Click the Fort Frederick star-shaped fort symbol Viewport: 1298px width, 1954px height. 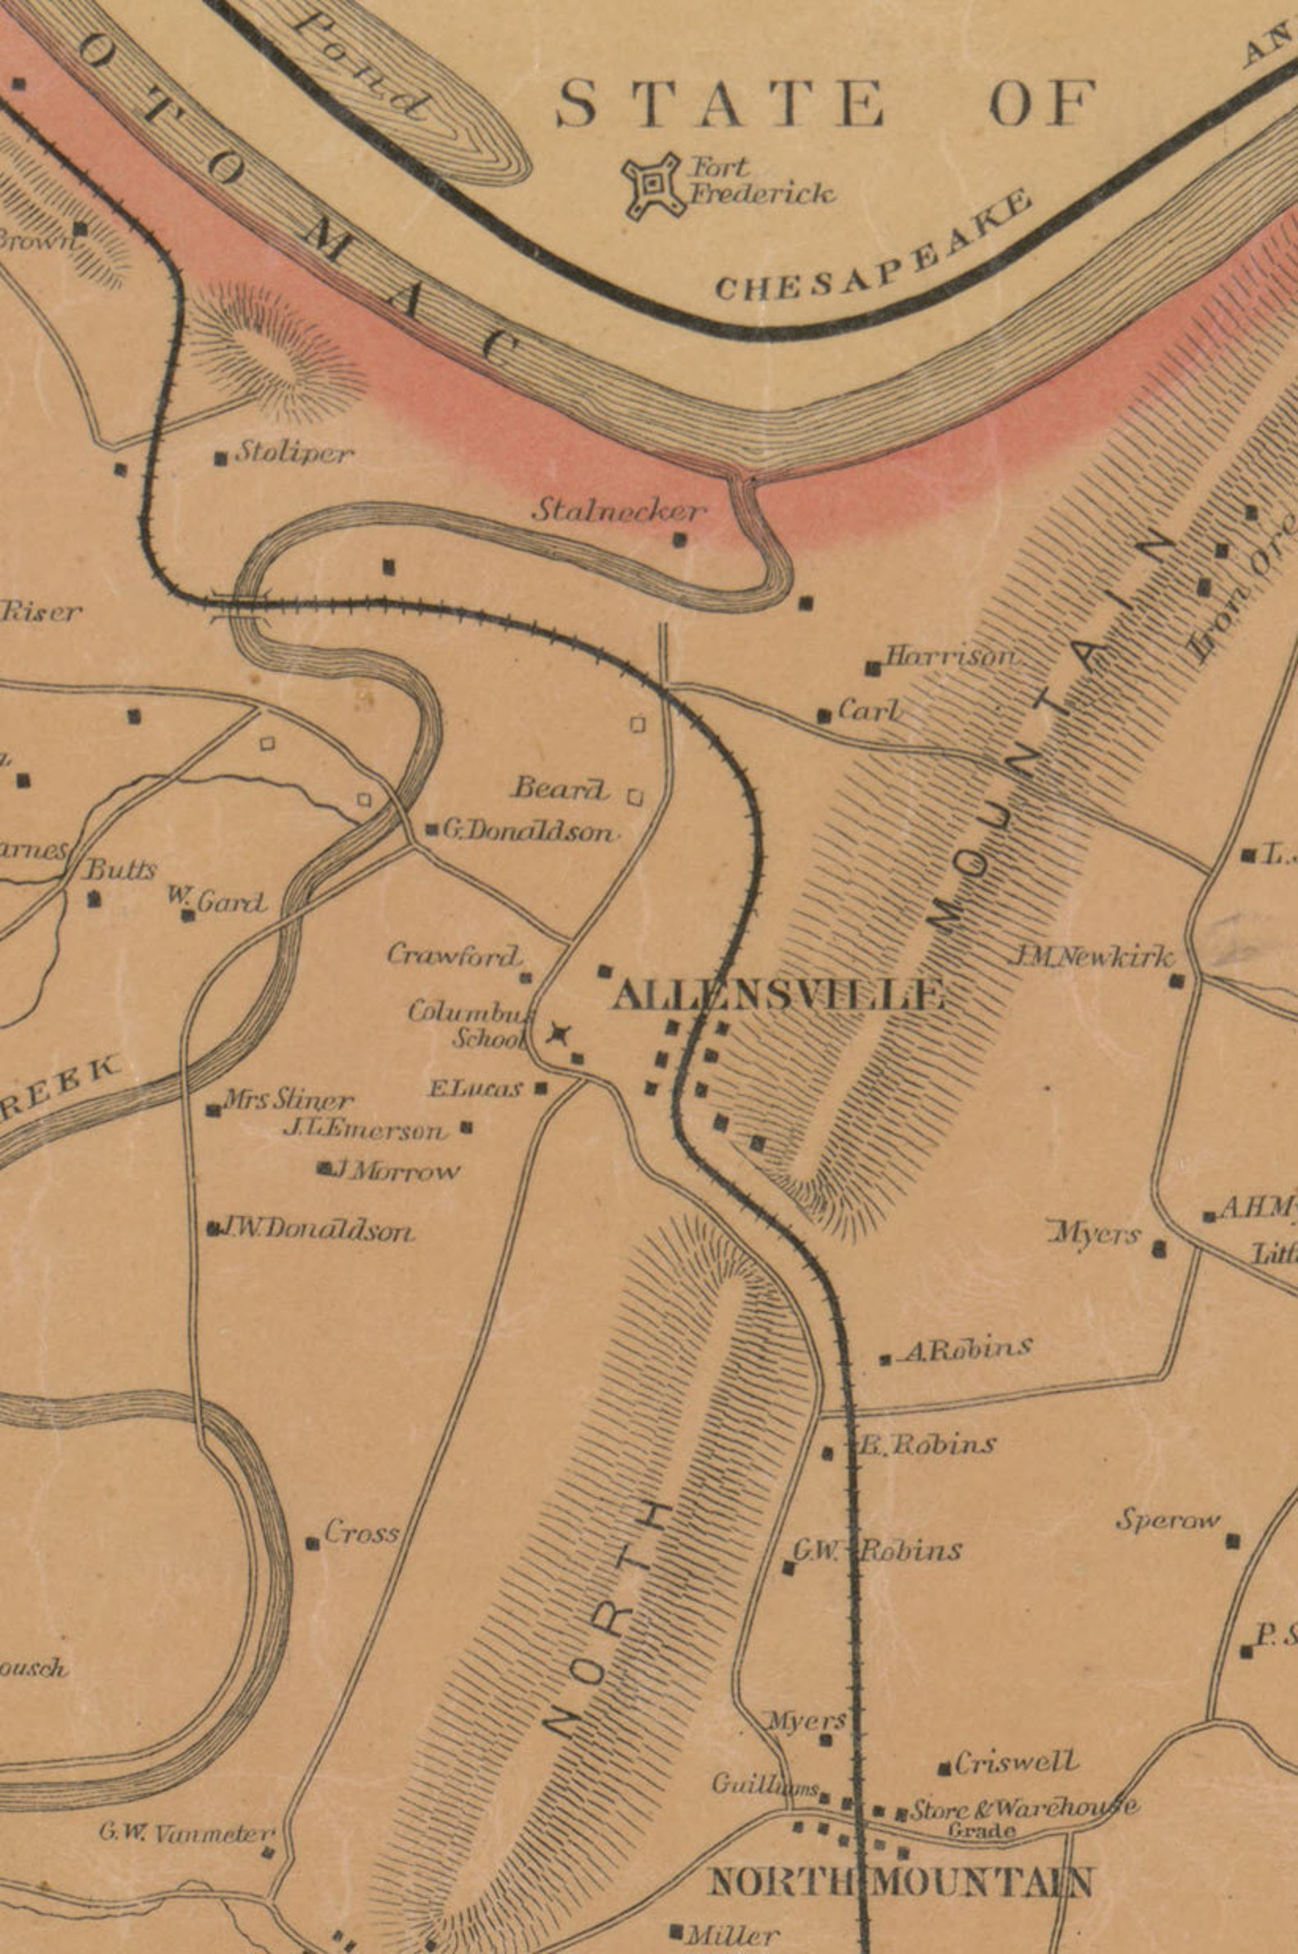tap(654, 186)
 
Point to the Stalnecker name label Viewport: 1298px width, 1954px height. tap(620, 511)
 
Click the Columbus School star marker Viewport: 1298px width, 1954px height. tap(560, 1034)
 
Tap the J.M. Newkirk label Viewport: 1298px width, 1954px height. tap(1090, 959)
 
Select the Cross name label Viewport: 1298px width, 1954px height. tap(361, 1532)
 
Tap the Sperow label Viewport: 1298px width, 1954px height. tap(1168, 1519)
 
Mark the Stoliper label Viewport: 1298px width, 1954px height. tap(295, 453)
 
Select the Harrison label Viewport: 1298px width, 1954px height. tap(951, 656)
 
